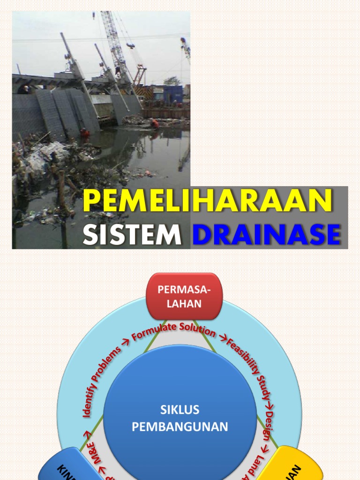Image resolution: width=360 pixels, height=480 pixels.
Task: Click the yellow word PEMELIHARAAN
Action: (208, 201)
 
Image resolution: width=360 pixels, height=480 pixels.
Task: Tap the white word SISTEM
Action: (132, 235)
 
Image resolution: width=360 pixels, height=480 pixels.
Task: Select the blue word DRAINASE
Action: (266, 235)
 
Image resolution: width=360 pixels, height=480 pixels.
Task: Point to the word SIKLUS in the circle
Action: (180, 410)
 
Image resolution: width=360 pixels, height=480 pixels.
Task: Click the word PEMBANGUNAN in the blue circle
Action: (180, 427)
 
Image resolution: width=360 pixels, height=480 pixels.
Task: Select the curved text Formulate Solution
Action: (173, 332)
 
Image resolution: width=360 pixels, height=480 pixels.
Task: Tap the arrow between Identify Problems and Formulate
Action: (126, 346)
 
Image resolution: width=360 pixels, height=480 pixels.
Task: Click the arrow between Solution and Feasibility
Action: (222, 338)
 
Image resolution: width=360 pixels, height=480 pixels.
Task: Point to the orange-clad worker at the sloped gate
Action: (84, 133)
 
